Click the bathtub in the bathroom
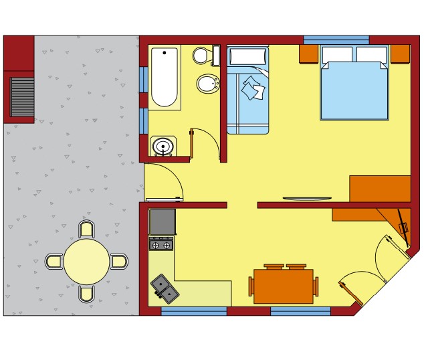[x=165, y=77]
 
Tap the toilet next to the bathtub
[x=202, y=55]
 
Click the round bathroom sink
[x=163, y=146]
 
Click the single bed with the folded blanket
[x=247, y=90]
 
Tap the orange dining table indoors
[x=283, y=286]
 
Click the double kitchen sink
[x=165, y=287]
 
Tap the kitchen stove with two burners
[x=161, y=245]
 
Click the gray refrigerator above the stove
[x=163, y=221]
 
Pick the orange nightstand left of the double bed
[x=308, y=54]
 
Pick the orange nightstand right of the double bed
[x=400, y=54]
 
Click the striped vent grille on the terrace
[x=23, y=96]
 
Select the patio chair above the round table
[x=86, y=229]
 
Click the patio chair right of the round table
[x=119, y=261]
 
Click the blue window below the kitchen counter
[x=194, y=311]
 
